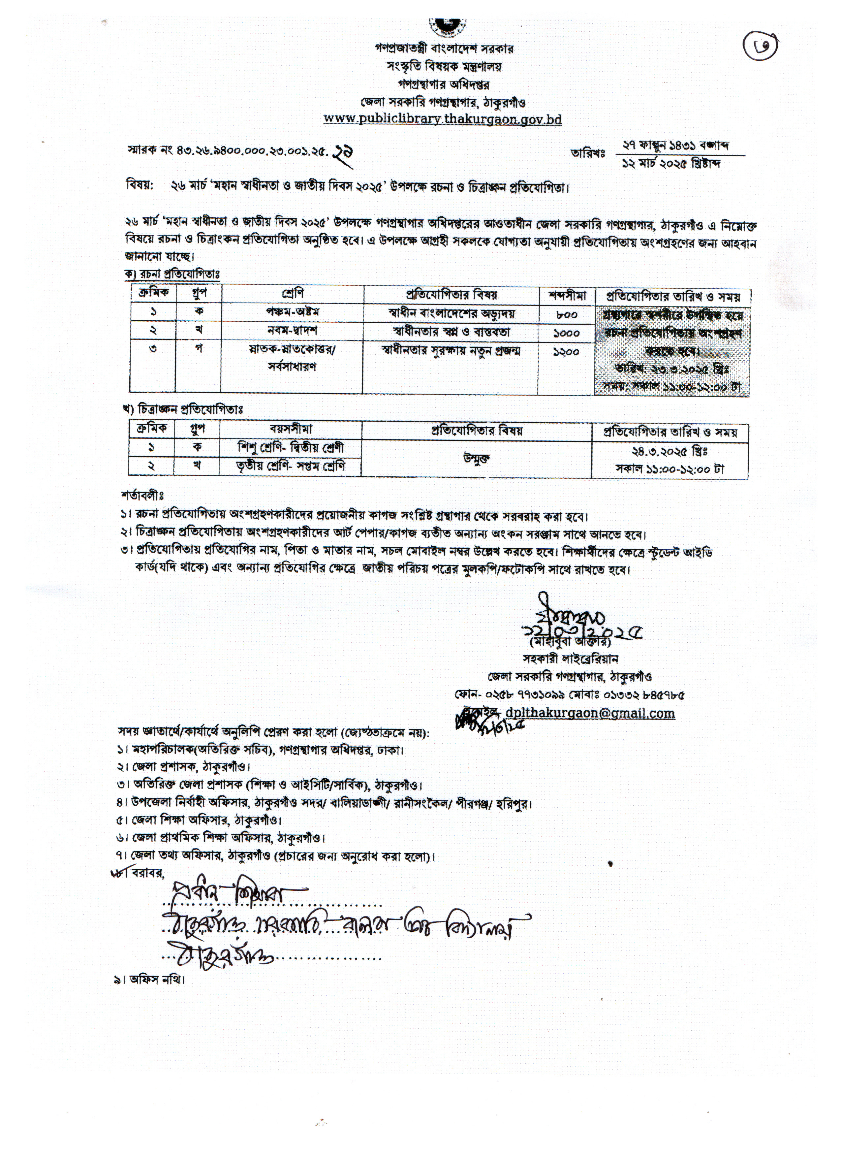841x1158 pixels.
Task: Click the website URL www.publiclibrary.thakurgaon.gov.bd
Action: tap(443, 119)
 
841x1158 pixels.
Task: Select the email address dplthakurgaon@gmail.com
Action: tap(589, 713)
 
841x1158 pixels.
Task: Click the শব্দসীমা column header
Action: tap(568, 296)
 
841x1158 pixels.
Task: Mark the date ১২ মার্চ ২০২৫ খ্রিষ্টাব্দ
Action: tap(671, 163)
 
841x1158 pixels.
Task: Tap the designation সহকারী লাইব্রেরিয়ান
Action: tap(570, 659)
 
